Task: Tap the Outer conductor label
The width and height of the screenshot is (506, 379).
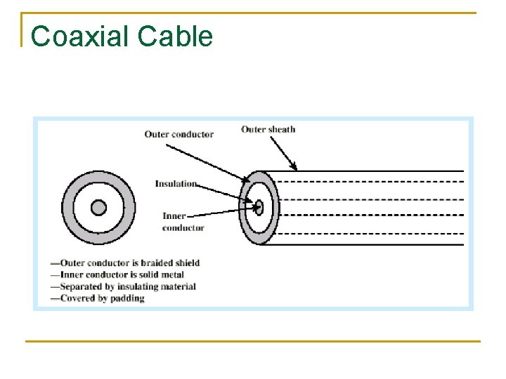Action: pyautogui.click(x=179, y=134)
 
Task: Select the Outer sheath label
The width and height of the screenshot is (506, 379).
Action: pyautogui.click(x=268, y=129)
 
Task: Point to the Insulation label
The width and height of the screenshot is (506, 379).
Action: pyautogui.click(x=176, y=184)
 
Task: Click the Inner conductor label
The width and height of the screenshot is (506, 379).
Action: pyautogui.click(x=183, y=222)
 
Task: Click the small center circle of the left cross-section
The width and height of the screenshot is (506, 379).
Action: pyautogui.click(x=99, y=208)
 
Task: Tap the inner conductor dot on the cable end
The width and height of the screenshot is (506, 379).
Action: pyautogui.click(x=259, y=207)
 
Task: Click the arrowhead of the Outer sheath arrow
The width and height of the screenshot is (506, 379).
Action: pyautogui.click(x=295, y=167)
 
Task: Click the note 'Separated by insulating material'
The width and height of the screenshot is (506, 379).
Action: pyautogui.click(x=123, y=286)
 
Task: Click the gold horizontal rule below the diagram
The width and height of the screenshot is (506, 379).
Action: pyautogui.click(x=253, y=342)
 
